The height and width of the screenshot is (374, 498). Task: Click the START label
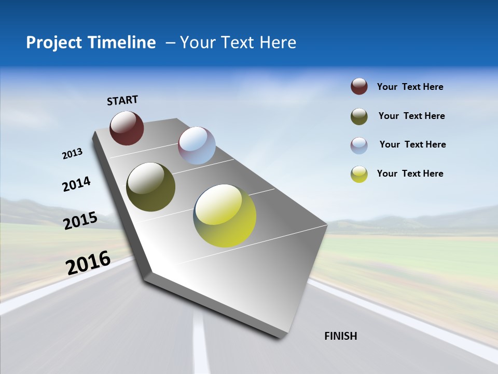[x=122, y=100]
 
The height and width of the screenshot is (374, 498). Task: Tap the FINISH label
[x=341, y=336]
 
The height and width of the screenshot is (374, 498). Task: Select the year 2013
[x=73, y=154]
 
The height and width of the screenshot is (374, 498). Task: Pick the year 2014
[x=77, y=184]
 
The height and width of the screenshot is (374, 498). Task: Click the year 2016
[x=88, y=262]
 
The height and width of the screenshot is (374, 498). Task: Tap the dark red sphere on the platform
[x=127, y=128]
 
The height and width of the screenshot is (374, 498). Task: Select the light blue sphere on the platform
[x=197, y=145]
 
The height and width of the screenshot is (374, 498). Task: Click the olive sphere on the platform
[x=150, y=187]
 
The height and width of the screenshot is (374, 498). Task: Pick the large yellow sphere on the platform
[x=225, y=216]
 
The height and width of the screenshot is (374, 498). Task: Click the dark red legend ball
[x=359, y=87]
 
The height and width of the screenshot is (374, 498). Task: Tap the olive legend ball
[x=359, y=116]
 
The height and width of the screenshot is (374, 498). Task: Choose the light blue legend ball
[x=359, y=145]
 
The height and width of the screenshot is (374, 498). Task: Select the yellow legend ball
[x=359, y=174]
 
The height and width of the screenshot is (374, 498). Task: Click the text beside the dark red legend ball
[x=410, y=87]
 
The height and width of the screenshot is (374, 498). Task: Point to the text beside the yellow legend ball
[x=410, y=173]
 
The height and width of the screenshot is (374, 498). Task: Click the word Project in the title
[x=54, y=43]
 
